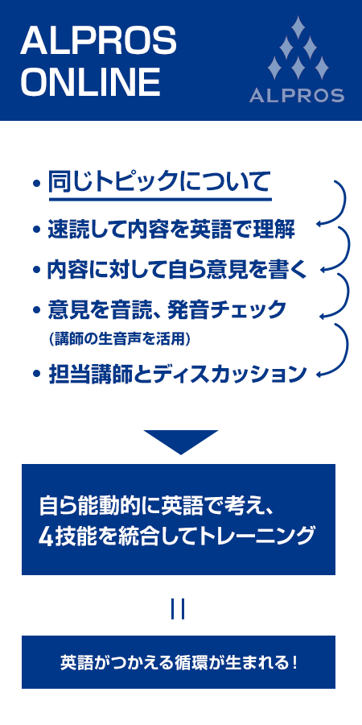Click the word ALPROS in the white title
pos(98,40)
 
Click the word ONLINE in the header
pos(90,82)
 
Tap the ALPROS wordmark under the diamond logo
pos(296,95)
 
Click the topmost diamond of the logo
pos(298,27)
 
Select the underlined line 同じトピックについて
pos(158,182)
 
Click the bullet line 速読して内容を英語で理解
pos(171,230)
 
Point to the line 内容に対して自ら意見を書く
pos(177,271)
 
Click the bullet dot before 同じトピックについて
pos(37,184)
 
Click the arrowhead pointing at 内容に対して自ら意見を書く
pos(325,270)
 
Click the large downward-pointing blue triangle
pos(181,440)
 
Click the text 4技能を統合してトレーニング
pos(177,536)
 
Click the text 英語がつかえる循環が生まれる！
pos(179,663)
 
